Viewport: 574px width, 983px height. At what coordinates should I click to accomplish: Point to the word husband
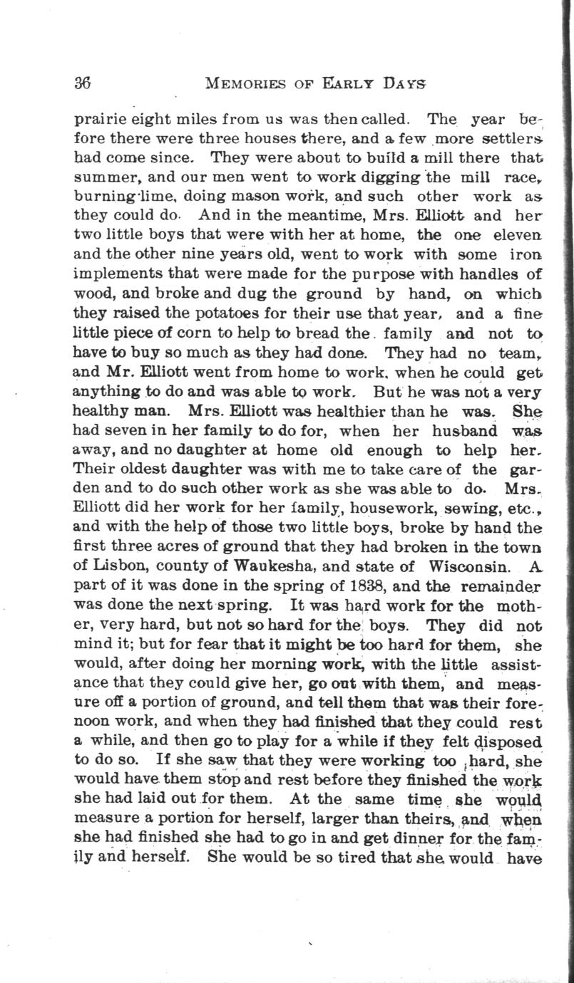coord(460,430)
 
